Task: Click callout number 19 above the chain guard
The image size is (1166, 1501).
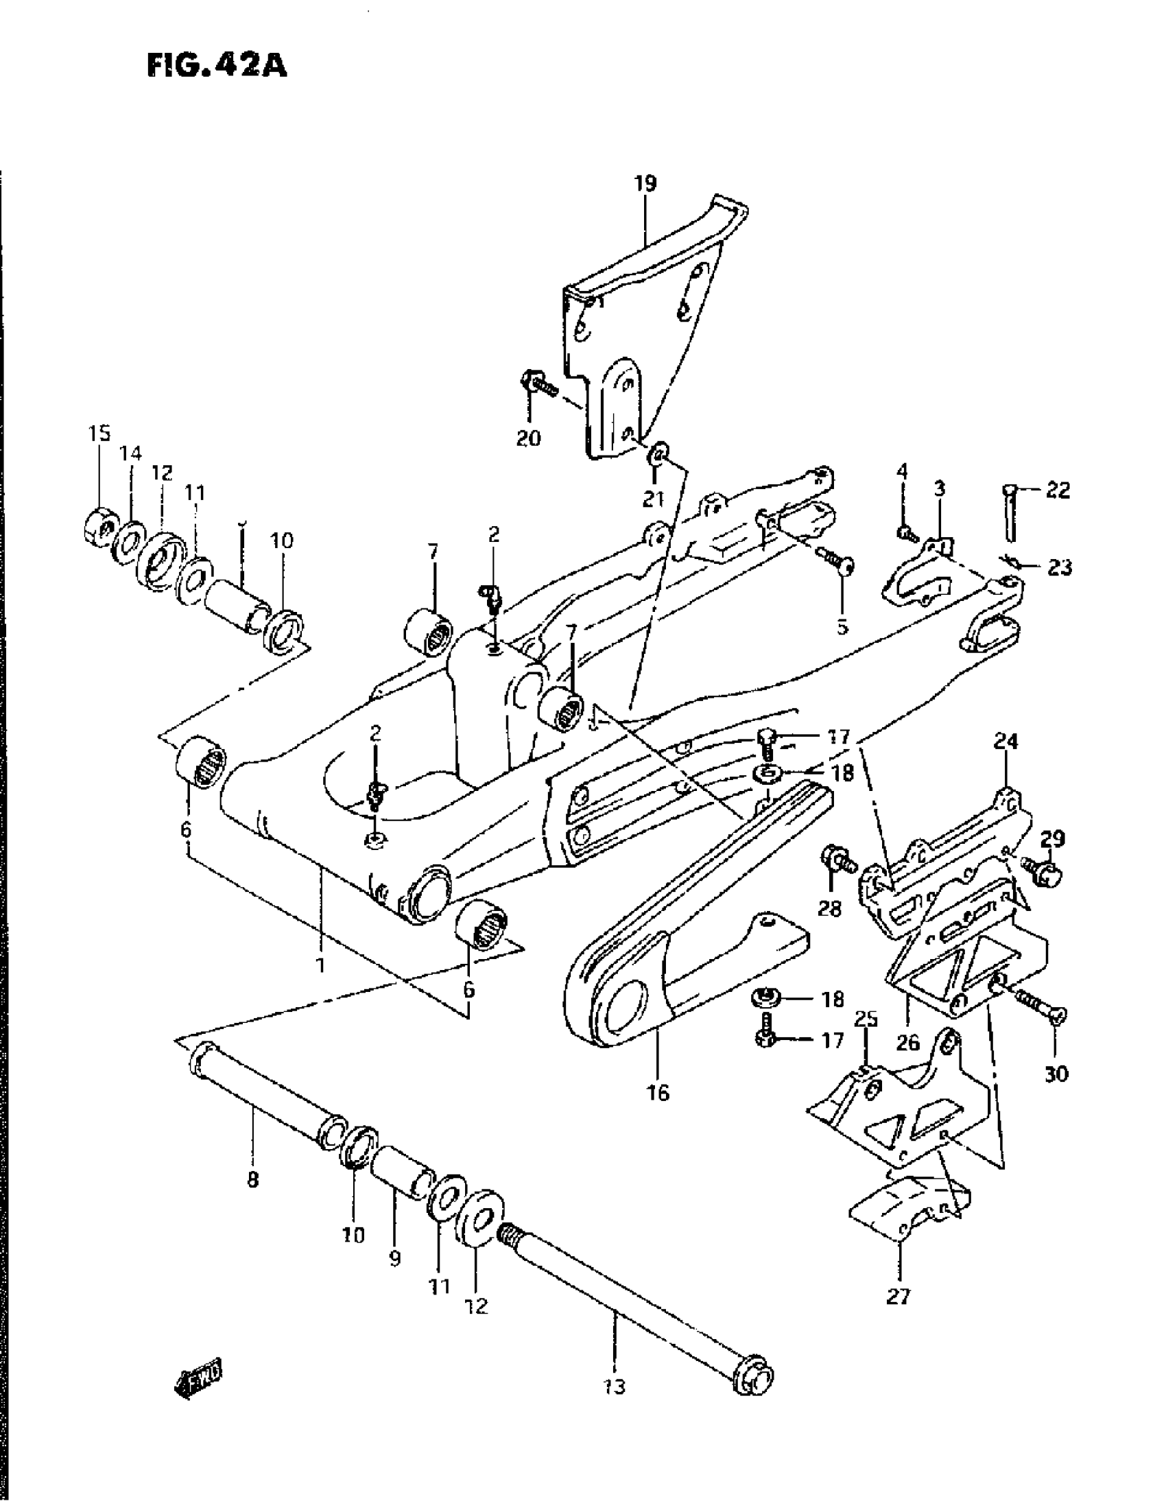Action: tap(645, 183)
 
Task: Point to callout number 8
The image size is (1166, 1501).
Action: tap(253, 1181)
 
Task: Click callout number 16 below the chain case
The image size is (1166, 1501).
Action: tap(658, 1092)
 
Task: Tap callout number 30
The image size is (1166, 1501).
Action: tap(1056, 1073)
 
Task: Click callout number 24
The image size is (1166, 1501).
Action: tap(1006, 741)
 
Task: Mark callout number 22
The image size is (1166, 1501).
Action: tap(1058, 490)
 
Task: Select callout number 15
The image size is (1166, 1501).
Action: tap(99, 434)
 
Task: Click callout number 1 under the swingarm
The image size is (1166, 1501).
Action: tap(320, 965)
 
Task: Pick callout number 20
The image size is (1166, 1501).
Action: tap(529, 438)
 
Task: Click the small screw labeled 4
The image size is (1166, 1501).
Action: tap(904, 531)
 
